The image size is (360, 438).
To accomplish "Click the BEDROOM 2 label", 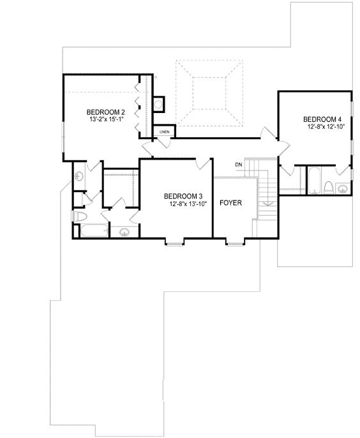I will tap(106, 112).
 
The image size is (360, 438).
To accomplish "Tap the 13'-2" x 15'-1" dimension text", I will tap(106, 119).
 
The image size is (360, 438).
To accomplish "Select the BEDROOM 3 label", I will tap(183, 196).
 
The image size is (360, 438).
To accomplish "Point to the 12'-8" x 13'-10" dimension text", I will tap(189, 204).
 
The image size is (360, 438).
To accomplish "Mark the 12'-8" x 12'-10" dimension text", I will tap(326, 127).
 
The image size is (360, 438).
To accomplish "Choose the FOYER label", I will tap(230, 203).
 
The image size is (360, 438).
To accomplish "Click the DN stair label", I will tap(238, 165).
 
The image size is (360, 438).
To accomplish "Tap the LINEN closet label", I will tap(165, 132).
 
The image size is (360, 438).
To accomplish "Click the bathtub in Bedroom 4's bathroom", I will tap(314, 181).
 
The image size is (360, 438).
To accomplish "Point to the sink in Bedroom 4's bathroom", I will tap(343, 188).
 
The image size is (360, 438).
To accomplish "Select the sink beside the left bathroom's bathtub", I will tap(124, 231).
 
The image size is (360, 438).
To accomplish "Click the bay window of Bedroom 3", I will tap(175, 242).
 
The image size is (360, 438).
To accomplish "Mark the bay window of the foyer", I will tap(234, 242).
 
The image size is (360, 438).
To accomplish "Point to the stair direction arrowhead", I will tap(268, 203).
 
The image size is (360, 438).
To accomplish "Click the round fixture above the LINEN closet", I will tap(158, 103).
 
